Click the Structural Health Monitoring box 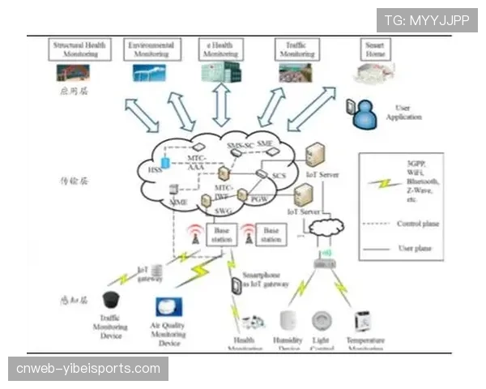[80, 49]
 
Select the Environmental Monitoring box [150, 49]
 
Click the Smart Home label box [374, 46]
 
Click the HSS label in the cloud [154, 170]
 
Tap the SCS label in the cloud [279, 176]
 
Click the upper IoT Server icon [315, 154]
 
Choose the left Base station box [221, 235]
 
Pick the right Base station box [271, 235]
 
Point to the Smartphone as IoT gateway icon [236, 285]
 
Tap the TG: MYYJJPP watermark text [427, 19]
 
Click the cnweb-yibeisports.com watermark [88, 369]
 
